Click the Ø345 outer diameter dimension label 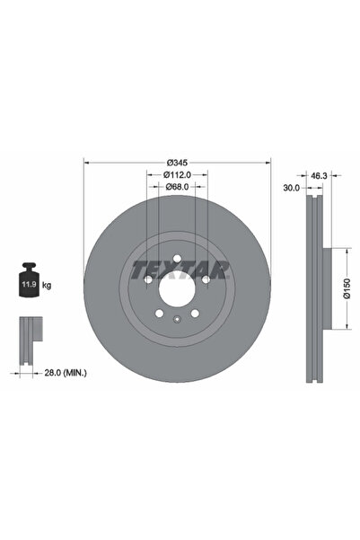pos(177,163)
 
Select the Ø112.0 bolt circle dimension pos(177,174)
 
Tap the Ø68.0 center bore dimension pos(177,187)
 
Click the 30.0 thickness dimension pos(292,189)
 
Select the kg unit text pos(47,285)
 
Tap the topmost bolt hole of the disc pos(177,261)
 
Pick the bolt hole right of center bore pos(205,281)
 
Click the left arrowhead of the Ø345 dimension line pos(86,163)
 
